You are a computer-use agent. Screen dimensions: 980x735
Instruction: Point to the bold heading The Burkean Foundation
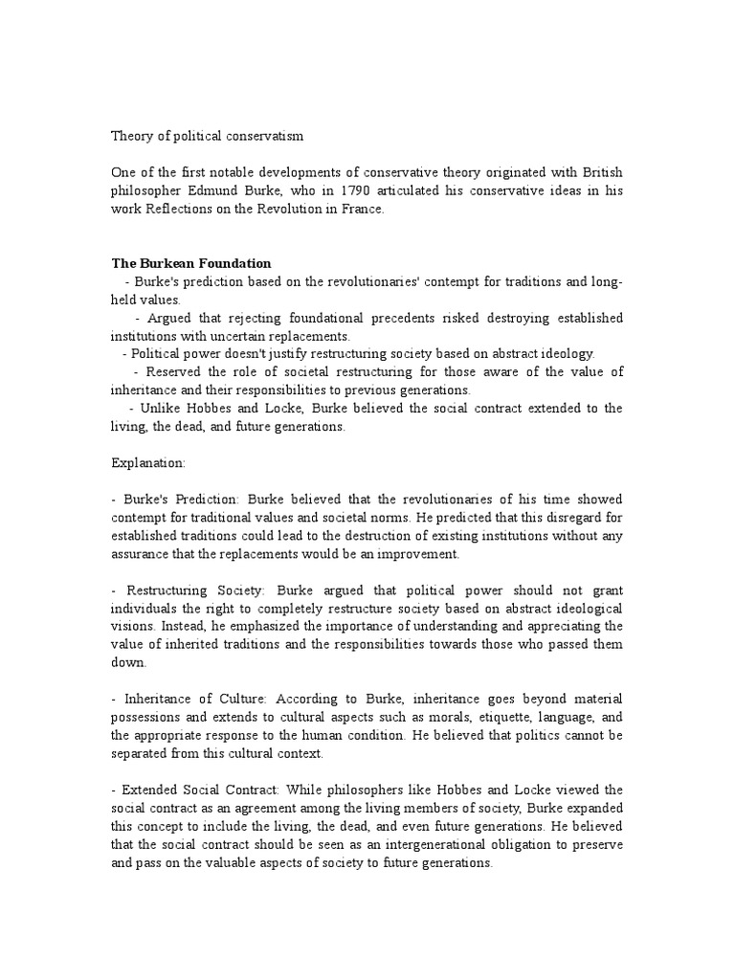click(191, 263)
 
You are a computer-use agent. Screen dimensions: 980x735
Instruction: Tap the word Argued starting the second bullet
click(170, 318)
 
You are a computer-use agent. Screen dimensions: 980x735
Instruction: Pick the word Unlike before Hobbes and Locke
click(159, 409)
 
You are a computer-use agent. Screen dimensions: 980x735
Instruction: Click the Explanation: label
click(149, 462)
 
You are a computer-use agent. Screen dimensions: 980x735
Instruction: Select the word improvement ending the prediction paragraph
click(418, 553)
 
